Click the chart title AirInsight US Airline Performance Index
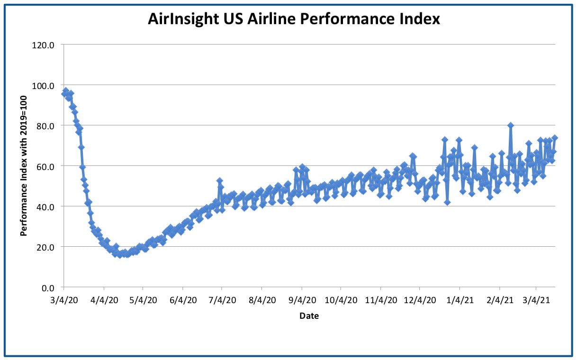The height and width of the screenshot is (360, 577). [294, 19]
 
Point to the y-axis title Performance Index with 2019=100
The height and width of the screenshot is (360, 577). [23, 166]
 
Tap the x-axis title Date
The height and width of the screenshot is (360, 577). [309, 315]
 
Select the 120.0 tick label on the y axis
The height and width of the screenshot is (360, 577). [43, 45]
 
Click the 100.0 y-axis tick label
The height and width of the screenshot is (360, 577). [43, 86]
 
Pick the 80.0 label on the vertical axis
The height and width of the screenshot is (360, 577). [45, 126]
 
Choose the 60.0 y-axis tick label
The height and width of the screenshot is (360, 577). [45, 167]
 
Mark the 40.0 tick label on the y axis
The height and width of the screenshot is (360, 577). [45, 207]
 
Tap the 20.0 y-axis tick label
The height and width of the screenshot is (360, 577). [45, 247]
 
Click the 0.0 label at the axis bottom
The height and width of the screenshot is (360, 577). [47, 288]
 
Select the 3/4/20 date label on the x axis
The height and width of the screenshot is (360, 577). [64, 300]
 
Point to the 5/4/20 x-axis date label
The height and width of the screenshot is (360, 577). [143, 300]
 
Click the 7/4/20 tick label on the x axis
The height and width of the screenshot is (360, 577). [222, 300]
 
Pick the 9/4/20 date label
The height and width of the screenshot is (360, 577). [302, 300]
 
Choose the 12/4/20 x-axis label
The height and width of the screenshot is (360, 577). [420, 300]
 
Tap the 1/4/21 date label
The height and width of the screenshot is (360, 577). [460, 300]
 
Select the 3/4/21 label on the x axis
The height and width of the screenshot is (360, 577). [536, 300]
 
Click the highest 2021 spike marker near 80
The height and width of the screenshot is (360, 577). [511, 126]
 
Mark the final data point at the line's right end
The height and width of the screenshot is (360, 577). [555, 138]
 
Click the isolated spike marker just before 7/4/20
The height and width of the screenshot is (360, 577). [219, 180]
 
